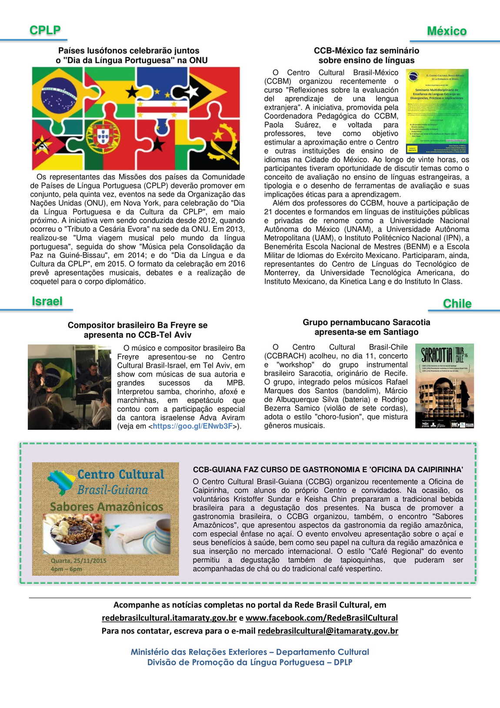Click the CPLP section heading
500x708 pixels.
(45, 30)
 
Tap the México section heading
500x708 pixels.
(447, 31)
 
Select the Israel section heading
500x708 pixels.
(47, 301)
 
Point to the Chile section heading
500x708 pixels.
(457, 303)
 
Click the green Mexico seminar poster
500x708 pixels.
(437, 111)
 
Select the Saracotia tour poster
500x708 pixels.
(444, 386)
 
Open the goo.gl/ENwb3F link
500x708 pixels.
(193, 426)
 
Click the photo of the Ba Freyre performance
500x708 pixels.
(70, 387)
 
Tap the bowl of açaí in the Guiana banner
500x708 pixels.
(73, 533)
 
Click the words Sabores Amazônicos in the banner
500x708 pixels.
(107, 507)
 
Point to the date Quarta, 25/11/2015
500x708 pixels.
(78, 561)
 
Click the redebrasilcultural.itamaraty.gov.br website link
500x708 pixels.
(169, 617)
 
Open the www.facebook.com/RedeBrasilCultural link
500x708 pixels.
(321, 617)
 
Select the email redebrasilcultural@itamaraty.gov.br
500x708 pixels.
(328, 630)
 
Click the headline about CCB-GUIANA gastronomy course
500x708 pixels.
(328, 469)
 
